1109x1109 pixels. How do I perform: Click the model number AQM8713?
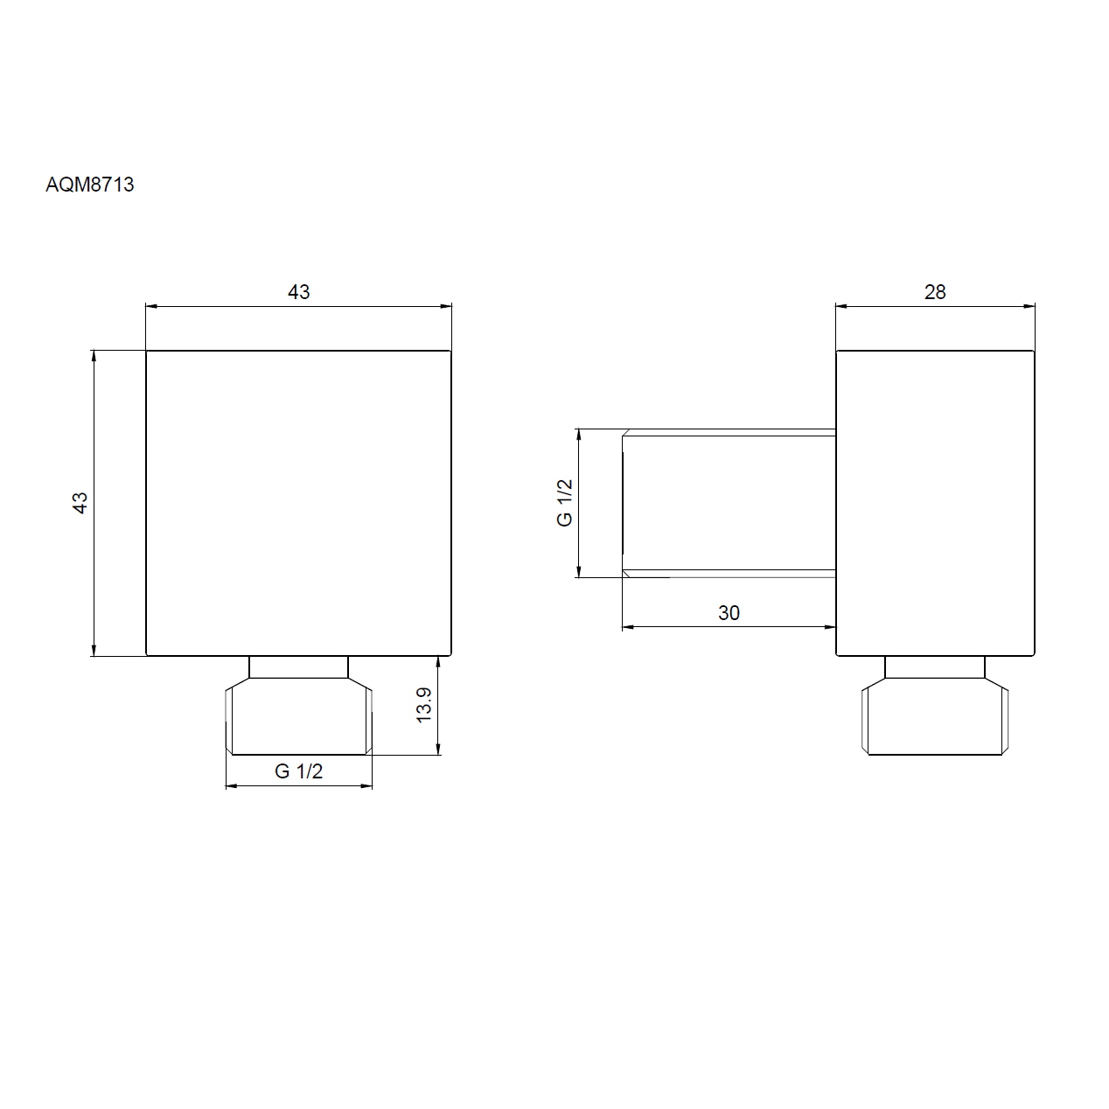click(x=90, y=185)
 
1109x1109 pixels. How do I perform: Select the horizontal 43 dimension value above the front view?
click(x=299, y=292)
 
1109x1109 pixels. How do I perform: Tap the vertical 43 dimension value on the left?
click(x=80, y=502)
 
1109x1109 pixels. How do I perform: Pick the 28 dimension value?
click(x=935, y=292)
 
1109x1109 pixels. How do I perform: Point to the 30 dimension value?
click(x=729, y=612)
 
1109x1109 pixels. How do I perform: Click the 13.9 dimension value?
click(x=424, y=705)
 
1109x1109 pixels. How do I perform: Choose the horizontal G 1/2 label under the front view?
click(x=299, y=771)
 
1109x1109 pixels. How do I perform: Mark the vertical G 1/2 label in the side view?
click(x=565, y=502)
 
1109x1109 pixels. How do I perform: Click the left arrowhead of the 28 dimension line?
click(x=841, y=306)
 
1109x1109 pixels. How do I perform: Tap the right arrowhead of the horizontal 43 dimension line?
click(x=446, y=306)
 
